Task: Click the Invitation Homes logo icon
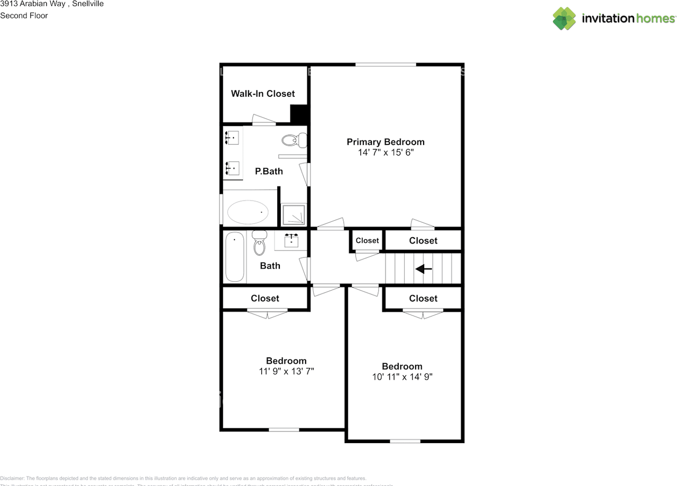pyautogui.click(x=564, y=19)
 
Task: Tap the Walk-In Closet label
pyautogui.click(x=263, y=94)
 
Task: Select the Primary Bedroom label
pyautogui.click(x=386, y=142)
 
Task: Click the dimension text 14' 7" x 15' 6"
pyautogui.click(x=386, y=152)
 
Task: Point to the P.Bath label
pyautogui.click(x=269, y=172)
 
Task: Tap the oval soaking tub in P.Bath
pyautogui.click(x=248, y=212)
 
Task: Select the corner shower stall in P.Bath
pyautogui.click(x=293, y=214)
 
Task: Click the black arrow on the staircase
pyautogui.click(x=424, y=269)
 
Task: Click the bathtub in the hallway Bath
pyautogui.click(x=234, y=257)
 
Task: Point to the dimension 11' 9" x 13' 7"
pyautogui.click(x=286, y=372)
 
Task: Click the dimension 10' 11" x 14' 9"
pyautogui.click(x=402, y=377)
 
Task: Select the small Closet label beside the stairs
pyautogui.click(x=367, y=240)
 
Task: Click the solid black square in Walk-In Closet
pyautogui.click(x=299, y=113)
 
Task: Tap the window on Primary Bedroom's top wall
pyautogui.click(x=386, y=65)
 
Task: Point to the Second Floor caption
pyautogui.click(x=24, y=16)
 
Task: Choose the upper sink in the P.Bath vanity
pyautogui.click(x=231, y=137)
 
